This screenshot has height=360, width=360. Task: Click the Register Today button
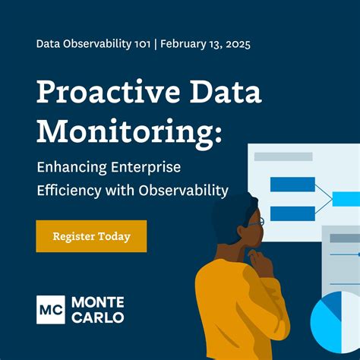91,236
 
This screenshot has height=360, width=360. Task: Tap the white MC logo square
51,308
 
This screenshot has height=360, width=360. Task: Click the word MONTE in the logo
98,301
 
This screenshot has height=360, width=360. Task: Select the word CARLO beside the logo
97,317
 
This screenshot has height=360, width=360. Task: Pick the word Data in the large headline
224,93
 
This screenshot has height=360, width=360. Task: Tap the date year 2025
235,43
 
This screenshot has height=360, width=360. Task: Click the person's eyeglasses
257,222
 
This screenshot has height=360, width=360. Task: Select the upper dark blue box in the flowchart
292,184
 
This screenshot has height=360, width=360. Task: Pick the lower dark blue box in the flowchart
292,213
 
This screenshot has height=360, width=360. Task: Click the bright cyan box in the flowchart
346,199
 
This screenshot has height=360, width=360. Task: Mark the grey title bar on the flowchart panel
283,156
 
